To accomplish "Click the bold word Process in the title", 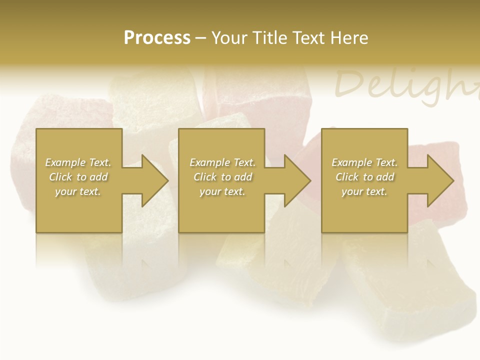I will coord(157,38).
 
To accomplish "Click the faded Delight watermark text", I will coord(405,85).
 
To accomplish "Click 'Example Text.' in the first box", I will coord(78,162).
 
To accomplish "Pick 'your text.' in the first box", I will coord(78,191).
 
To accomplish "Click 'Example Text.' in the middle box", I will coord(222,162).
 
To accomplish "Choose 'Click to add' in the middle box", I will coord(222,177).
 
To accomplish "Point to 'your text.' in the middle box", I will coord(222,191).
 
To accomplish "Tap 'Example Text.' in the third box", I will coord(364,162).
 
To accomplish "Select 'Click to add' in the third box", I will coord(364,177).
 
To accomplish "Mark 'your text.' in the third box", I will coord(364,191).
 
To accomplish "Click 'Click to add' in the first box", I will coord(78,177).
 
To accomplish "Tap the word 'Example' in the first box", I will coord(65,162).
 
